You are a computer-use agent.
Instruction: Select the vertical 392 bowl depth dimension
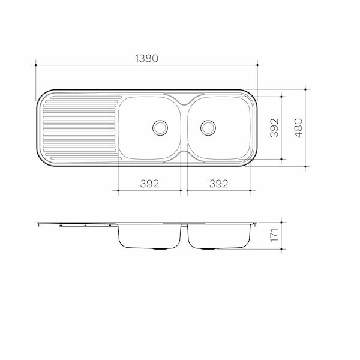(274, 127)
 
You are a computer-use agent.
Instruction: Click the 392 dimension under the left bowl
(149, 184)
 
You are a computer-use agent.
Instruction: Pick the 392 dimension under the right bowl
(218, 184)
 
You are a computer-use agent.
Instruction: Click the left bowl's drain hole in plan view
(160, 127)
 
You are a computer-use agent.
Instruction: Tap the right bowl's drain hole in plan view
(208, 127)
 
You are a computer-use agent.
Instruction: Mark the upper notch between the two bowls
(184, 97)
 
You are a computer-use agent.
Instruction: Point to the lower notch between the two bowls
(184, 157)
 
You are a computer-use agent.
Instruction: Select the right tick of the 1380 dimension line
(257, 65)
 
